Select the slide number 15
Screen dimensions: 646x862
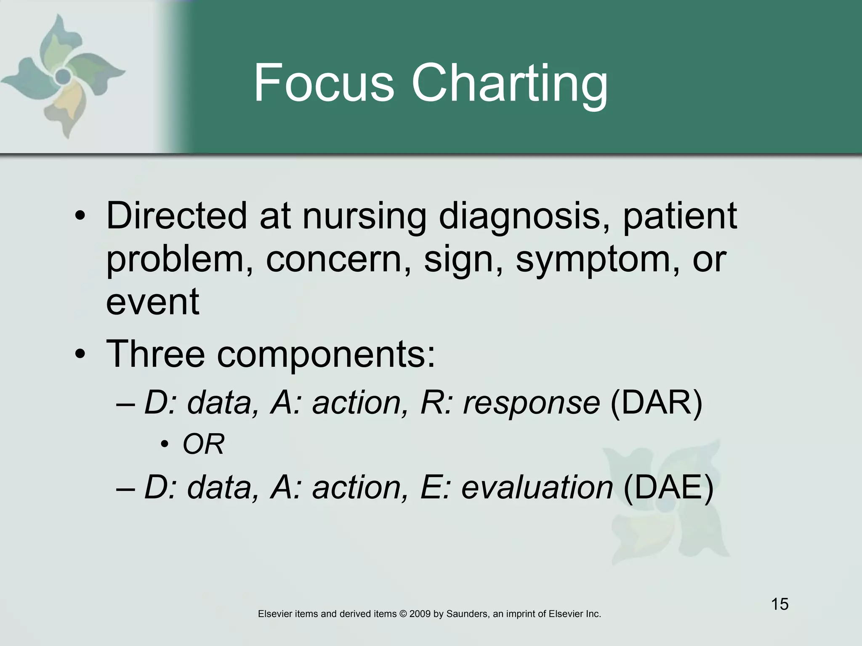coord(780,604)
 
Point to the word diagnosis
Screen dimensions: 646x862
coord(524,217)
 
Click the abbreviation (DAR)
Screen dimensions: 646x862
coord(656,403)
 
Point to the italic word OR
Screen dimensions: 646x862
coord(204,444)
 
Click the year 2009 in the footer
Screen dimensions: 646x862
coord(420,614)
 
